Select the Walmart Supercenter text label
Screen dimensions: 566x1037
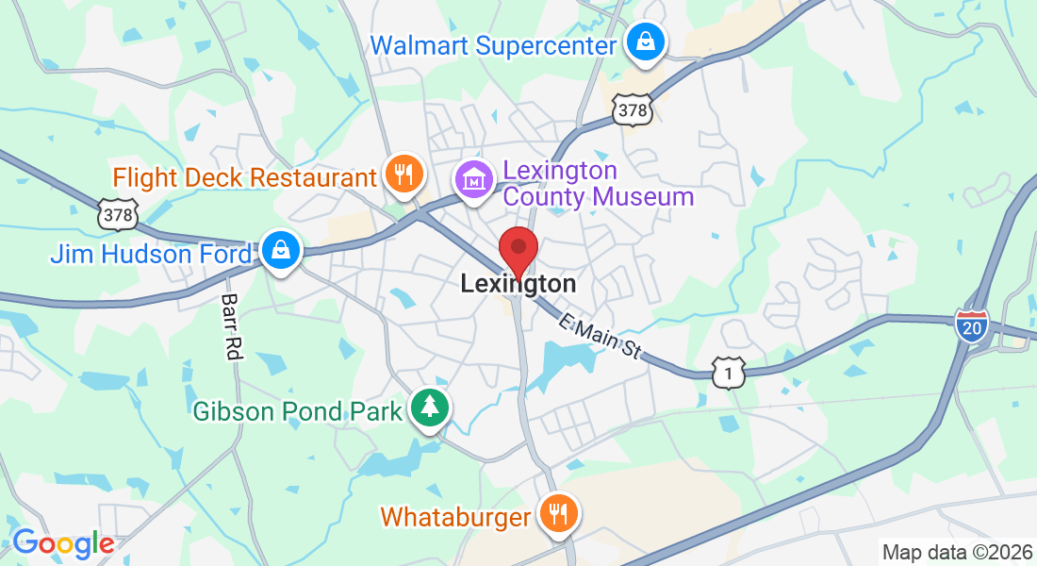[494, 44]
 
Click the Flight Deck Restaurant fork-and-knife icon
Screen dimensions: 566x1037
[404, 175]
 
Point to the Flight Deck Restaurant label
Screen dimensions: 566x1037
[245, 177]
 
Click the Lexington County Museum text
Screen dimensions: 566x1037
[598, 184]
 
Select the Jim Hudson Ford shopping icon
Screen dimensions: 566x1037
[281, 251]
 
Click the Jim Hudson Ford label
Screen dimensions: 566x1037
[151, 254]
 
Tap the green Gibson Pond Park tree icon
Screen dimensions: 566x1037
[430, 408]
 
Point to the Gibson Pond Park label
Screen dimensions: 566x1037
[298, 411]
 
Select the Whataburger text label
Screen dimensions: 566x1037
[456, 517]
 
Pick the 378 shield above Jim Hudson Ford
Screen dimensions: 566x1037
[118, 214]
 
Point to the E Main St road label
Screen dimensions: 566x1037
[600, 337]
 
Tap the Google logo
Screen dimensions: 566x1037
[63, 542]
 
